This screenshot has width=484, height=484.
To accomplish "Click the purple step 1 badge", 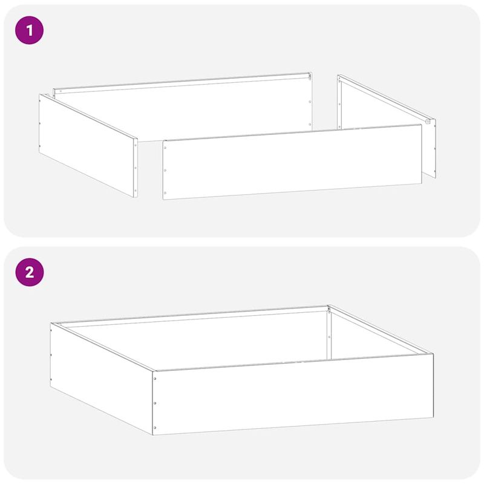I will (29, 30).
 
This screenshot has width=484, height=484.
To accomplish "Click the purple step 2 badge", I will (29, 272).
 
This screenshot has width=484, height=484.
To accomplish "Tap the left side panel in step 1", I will (88, 145).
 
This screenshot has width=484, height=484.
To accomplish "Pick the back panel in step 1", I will (181, 109).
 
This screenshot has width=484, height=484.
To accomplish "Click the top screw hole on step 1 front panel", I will (165, 145).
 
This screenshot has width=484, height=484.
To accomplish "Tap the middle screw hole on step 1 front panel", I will (165, 171).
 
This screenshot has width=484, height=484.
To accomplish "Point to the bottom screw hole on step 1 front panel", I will (165, 194).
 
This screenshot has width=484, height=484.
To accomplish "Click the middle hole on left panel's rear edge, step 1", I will (41, 124).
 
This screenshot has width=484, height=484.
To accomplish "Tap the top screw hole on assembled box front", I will (155, 379).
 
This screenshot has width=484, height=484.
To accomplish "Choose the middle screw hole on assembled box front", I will (155, 402).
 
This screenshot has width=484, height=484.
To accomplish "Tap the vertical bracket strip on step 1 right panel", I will (340, 103).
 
